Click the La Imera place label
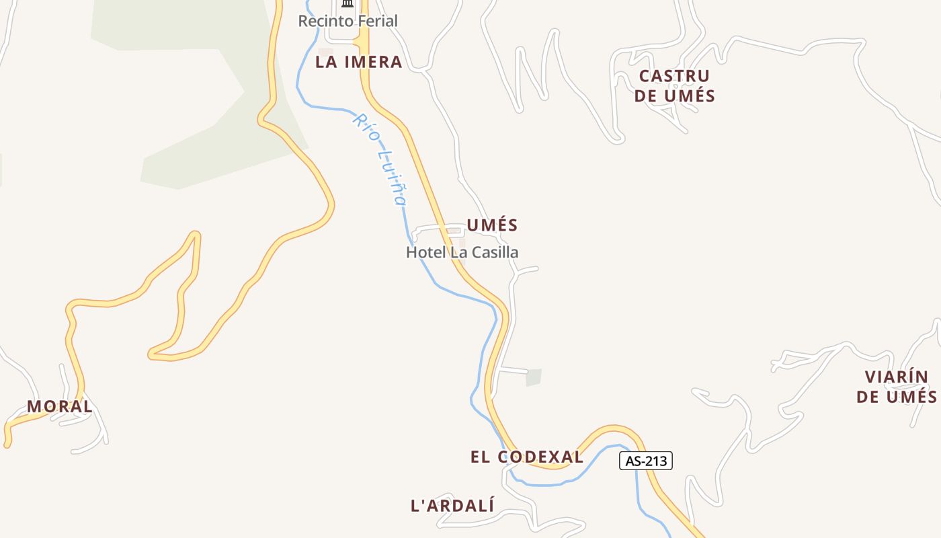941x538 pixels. (x=358, y=63)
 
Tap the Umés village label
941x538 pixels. (x=492, y=225)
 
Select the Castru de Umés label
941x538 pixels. (x=674, y=85)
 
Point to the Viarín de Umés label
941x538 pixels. (x=896, y=387)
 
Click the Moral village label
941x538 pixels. (x=60, y=406)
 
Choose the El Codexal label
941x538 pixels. (x=527, y=457)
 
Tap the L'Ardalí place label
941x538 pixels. (x=452, y=506)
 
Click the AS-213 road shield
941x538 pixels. (x=645, y=461)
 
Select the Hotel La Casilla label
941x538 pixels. (x=462, y=252)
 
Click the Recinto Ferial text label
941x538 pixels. (x=347, y=21)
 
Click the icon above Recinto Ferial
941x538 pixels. (x=347, y=4)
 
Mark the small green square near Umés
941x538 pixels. (x=534, y=377)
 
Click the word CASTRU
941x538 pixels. (x=674, y=75)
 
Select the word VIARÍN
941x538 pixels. (x=896, y=377)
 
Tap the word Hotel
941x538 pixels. (x=424, y=252)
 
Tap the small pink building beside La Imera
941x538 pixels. (x=326, y=52)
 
